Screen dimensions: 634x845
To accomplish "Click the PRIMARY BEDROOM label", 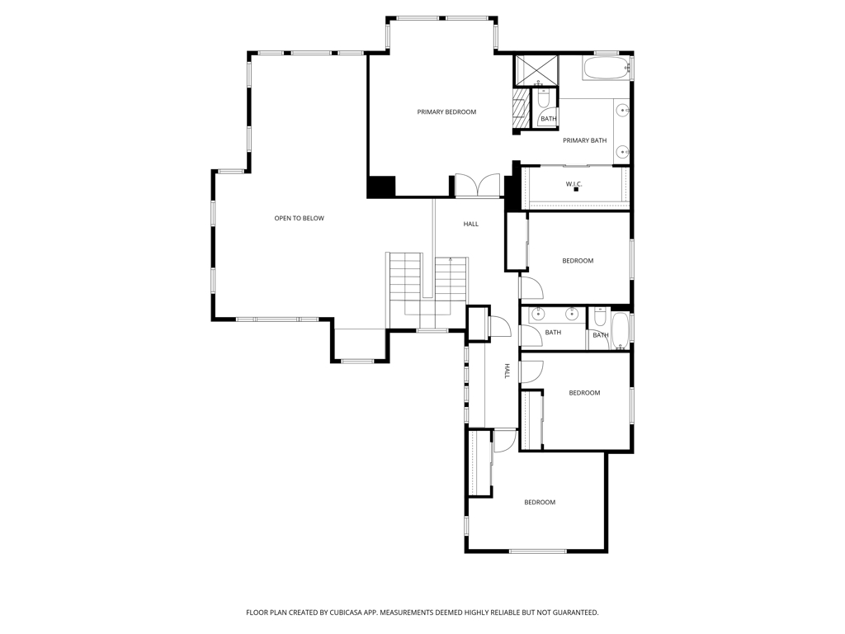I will tap(446, 112).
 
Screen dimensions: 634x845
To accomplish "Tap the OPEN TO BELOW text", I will tap(299, 219).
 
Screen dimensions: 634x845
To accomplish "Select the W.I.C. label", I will tap(574, 184).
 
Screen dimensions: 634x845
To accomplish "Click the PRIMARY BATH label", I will tap(584, 140).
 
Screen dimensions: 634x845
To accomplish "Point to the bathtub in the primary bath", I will tap(606, 68).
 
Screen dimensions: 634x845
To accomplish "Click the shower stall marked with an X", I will tap(536, 69).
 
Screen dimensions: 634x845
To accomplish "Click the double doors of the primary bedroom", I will tap(478, 186).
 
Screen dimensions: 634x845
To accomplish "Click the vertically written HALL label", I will tap(507, 371).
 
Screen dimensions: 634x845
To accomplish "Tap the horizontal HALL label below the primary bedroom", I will tap(470, 224).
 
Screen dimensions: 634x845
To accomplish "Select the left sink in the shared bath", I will tap(538, 314).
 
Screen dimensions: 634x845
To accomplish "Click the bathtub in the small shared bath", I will tap(621, 329).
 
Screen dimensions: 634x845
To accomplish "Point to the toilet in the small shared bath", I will tap(600, 317).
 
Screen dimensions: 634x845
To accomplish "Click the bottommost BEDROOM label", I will tap(540, 502).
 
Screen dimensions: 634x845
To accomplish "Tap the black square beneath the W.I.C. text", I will tap(576, 190).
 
